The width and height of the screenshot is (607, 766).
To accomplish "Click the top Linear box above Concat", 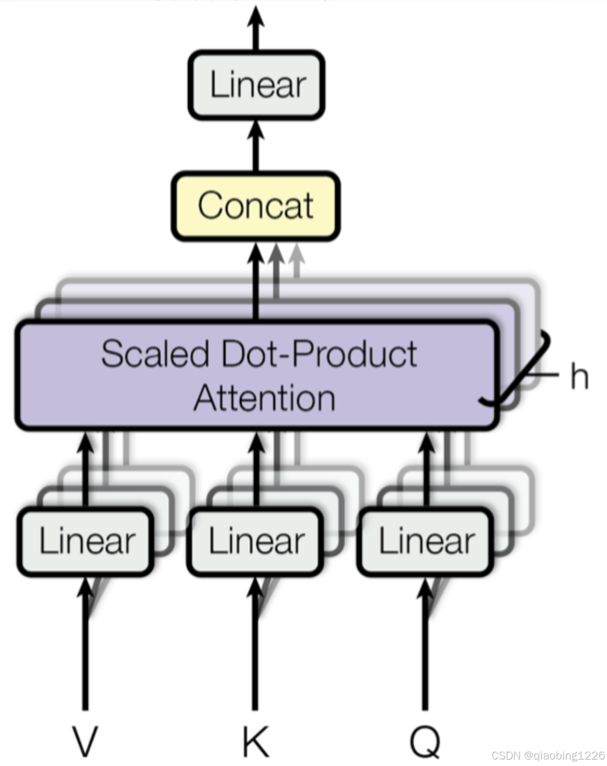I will [x=256, y=85].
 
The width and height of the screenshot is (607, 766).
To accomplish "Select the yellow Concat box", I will [x=256, y=206].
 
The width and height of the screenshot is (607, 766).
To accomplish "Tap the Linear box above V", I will [x=86, y=541].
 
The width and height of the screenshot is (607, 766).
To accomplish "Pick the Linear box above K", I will [x=256, y=541].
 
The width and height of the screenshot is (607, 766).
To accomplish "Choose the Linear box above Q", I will [x=425, y=541].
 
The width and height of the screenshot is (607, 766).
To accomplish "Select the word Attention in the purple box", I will [x=264, y=398].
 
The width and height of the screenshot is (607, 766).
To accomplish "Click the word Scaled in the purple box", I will [x=155, y=354].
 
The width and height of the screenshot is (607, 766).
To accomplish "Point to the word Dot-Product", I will [x=319, y=354].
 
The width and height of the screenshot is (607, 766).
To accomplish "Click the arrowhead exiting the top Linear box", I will [x=256, y=16].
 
